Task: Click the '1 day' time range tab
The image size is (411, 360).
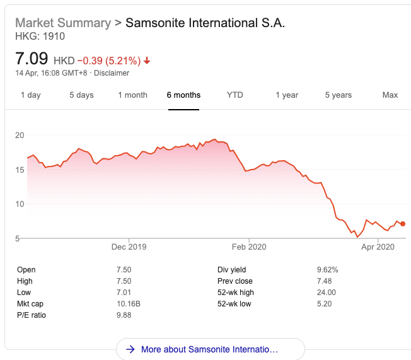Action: pos(30,95)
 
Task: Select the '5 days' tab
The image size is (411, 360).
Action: pos(81,95)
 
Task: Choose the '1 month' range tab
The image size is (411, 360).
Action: pos(132,95)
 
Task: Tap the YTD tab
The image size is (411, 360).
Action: pos(235,95)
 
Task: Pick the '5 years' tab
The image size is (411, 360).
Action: pos(339,95)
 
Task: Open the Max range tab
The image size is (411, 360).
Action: pos(390,95)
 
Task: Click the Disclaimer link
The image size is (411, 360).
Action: pos(112,73)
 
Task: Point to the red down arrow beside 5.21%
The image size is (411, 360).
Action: pos(147,61)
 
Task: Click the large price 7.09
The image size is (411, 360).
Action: pos(32,59)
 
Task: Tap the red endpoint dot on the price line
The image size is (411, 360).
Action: pos(403,224)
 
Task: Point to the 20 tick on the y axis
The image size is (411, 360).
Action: pos(20,135)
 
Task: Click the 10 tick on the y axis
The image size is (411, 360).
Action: pos(20,204)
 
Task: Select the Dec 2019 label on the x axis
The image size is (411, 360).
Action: pos(129,247)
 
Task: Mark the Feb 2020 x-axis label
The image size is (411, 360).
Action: pos(249,247)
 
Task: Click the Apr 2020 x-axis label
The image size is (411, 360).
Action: pos(377,247)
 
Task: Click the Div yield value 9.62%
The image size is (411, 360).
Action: pos(327,270)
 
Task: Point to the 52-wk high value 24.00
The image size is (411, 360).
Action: pos(326,293)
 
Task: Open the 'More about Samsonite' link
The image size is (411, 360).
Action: pos(209,349)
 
